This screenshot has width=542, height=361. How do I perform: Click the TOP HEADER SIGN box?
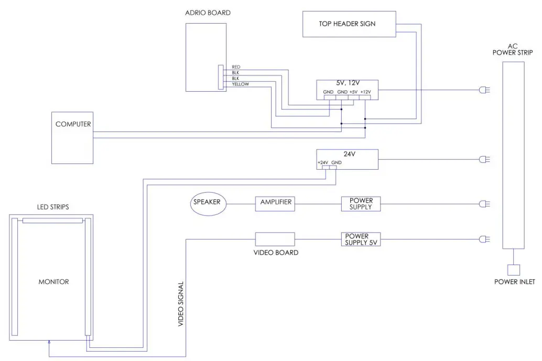[346, 24]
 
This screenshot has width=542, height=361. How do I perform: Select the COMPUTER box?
[72, 137]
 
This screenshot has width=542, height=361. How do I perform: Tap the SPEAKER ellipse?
[208, 202]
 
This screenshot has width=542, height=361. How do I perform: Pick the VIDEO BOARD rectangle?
[275, 239]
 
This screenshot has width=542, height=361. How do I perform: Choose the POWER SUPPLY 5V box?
[361, 239]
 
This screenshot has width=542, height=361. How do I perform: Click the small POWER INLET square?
[514, 270]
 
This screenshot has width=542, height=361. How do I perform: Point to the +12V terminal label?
[366, 92]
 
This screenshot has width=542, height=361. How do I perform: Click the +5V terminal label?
[354, 92]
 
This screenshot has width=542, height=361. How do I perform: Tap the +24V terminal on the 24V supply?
[323, 163]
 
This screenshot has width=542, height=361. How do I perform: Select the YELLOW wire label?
[240, 84]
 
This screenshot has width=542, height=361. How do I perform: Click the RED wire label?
[235, 67]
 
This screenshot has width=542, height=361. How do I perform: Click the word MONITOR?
[53, 282]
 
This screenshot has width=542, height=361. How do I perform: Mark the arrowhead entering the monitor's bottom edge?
[48, 342]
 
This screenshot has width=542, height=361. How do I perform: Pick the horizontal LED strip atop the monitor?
[52, 221]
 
